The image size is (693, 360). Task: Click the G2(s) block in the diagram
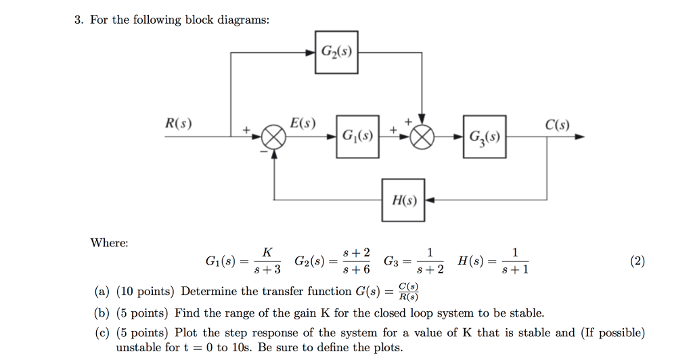336,51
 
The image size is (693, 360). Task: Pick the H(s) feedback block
403,200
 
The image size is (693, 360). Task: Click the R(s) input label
179,125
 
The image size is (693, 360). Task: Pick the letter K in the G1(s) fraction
267,252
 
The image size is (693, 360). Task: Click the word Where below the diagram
109,243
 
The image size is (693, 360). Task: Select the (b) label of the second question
102,313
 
